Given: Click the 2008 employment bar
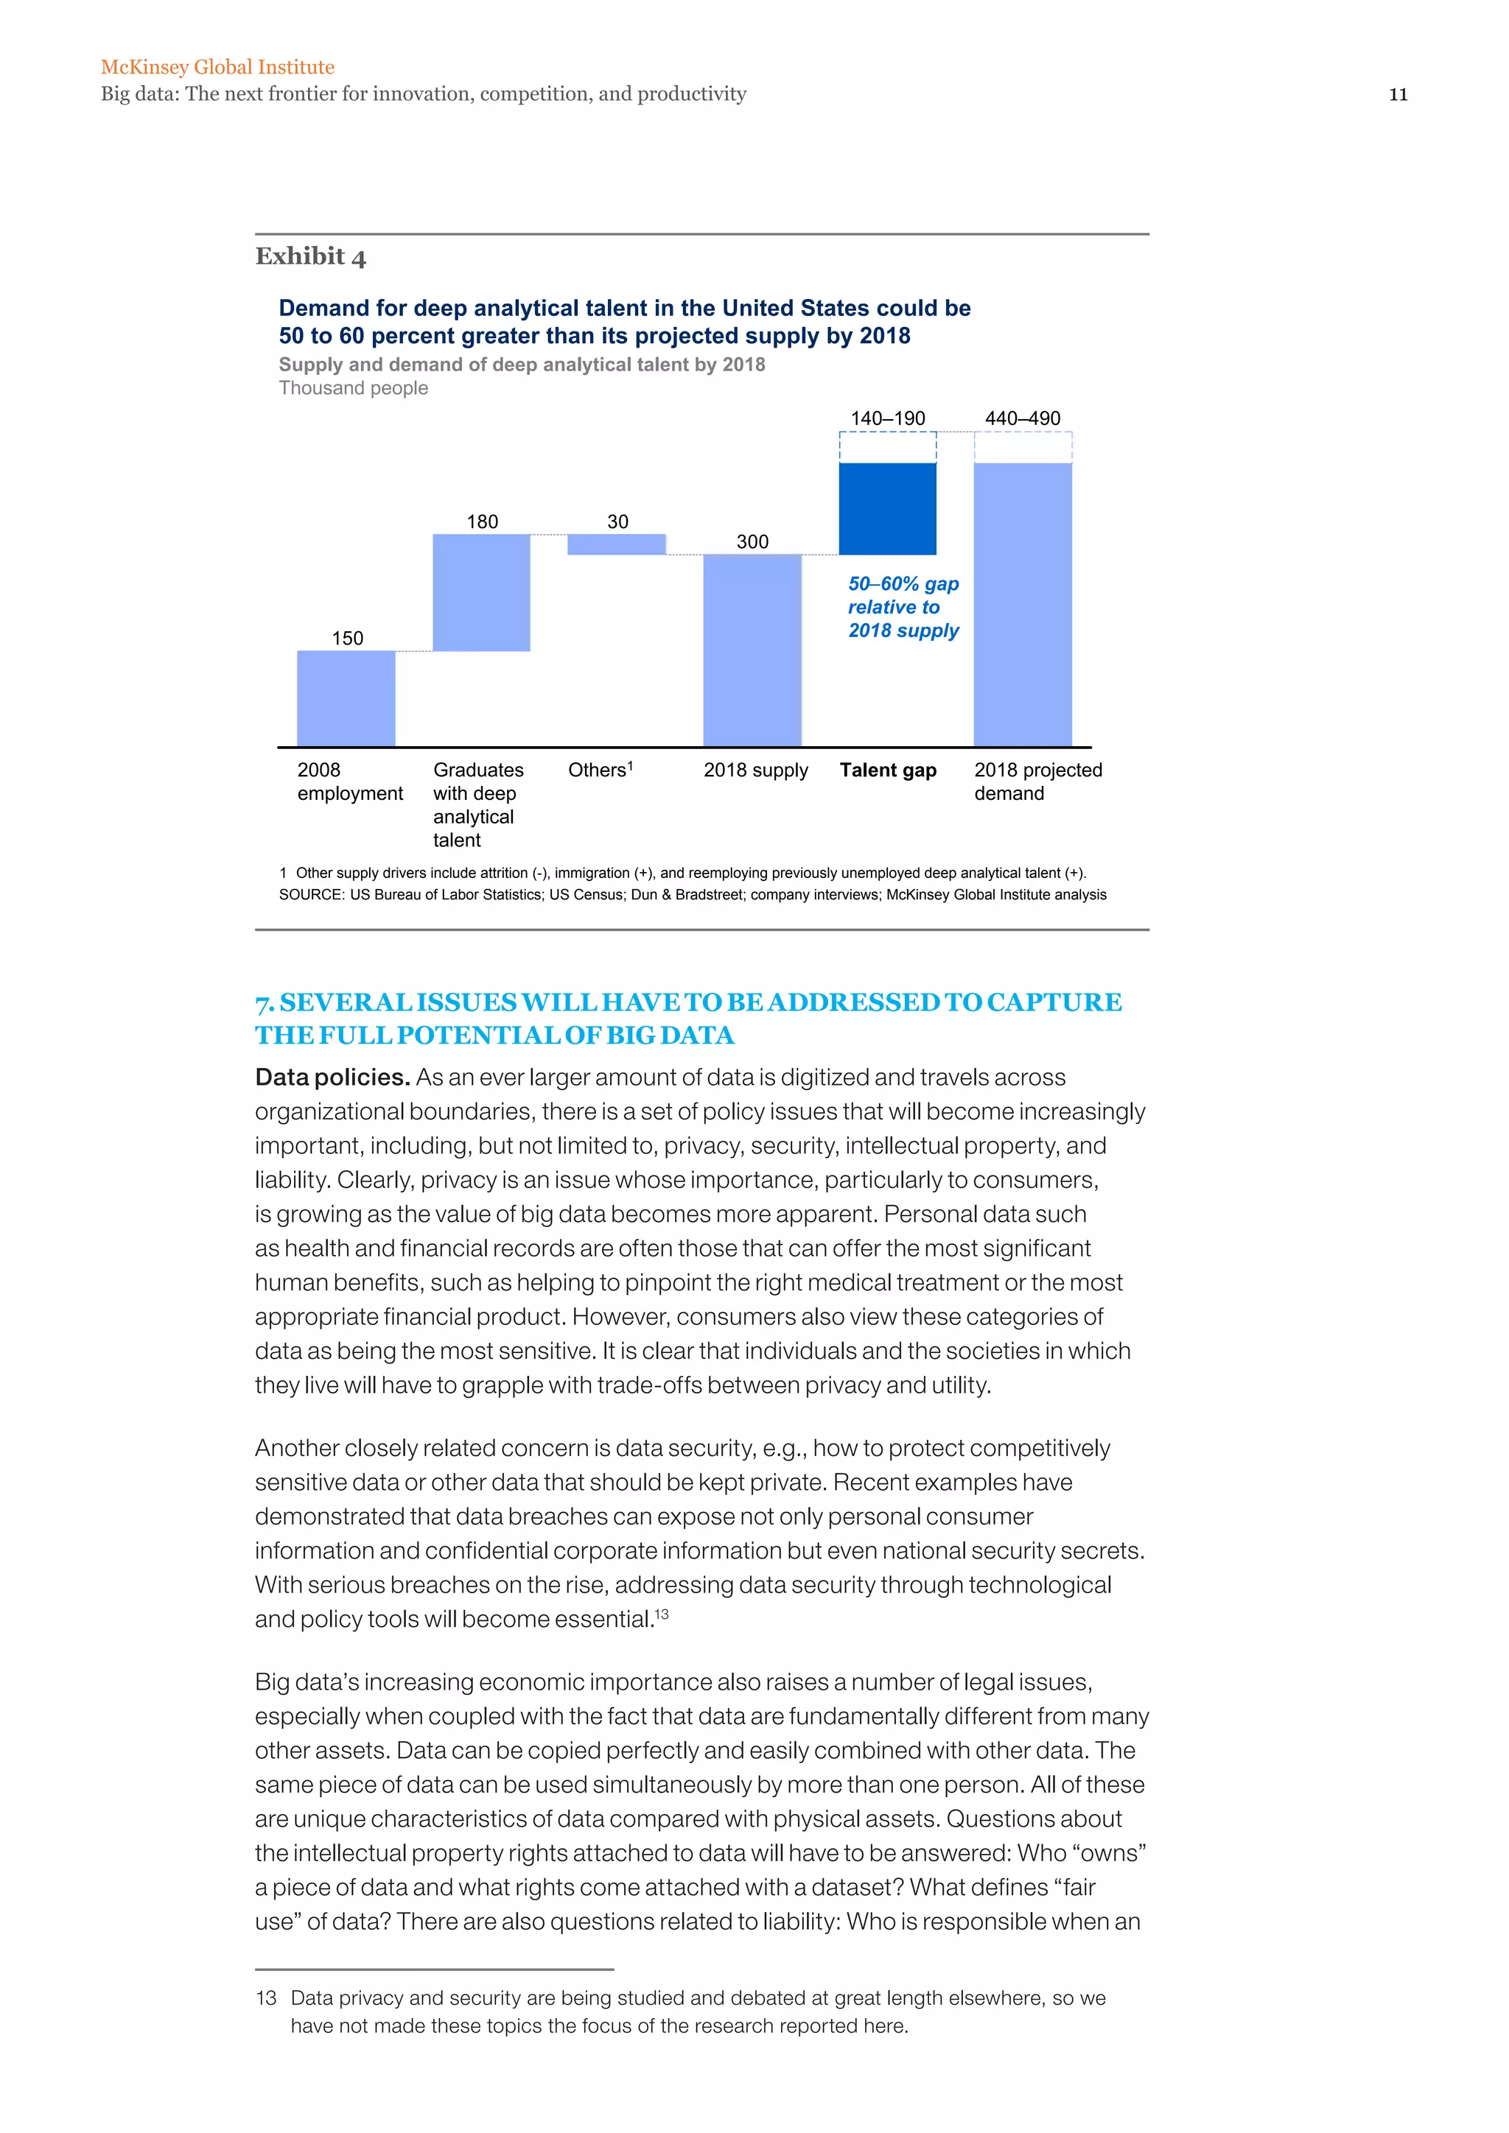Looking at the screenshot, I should (346, 699).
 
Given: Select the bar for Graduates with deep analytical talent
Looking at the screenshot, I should (481, 593).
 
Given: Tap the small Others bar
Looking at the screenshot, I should (616, 544).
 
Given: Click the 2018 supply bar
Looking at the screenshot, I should (752, 650).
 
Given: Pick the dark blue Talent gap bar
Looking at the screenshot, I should (887, 509).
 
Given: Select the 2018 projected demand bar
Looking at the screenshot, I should (1022, 604).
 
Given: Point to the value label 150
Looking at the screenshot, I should (348, 639).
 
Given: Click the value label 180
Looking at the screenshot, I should (483, 522).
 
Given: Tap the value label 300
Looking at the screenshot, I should (752, 541).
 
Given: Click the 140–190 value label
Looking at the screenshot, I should (887, 418).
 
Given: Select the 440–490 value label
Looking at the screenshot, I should (1022, 418).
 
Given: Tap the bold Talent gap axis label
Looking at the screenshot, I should (887, 770).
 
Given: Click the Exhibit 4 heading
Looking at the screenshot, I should (310, 256).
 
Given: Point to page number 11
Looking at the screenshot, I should (1398, 95).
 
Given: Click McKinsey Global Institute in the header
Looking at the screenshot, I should (217, 67).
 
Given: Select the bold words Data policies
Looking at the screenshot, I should (332, 1078).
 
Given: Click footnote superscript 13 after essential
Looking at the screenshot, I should (662, 1614).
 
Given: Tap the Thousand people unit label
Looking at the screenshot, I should (353, 388).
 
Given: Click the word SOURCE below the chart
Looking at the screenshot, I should (310, 895).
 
